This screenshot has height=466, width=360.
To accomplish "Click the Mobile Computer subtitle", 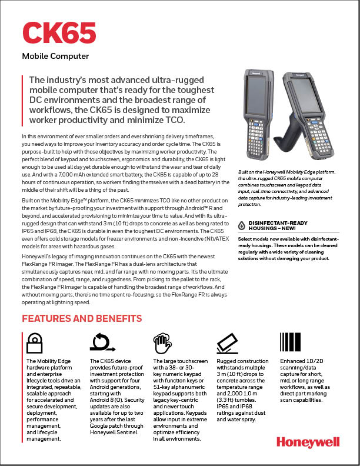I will (55, 56).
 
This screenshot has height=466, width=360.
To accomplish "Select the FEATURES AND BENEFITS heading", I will (82, 318).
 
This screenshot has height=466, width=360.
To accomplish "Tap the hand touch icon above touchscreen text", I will (162, 342).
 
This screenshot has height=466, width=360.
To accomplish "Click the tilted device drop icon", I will (226, 342).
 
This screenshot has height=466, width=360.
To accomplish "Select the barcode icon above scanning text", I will (290, 342).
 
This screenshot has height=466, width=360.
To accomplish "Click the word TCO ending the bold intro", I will (175, 121).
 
